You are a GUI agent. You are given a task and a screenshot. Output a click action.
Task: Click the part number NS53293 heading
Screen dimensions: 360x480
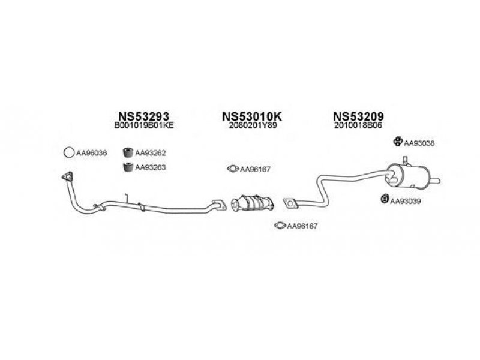pyautogui.click(x=143, y=115)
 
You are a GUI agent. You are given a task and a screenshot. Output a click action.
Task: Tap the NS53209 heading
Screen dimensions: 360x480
pyautogui.click(x=358, y=115)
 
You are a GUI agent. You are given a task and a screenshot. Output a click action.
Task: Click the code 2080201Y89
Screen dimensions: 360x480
pyautogui.click(x=252, y=126)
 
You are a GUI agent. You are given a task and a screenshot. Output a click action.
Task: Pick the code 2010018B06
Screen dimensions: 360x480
pyautogui.click(x=358, y=126)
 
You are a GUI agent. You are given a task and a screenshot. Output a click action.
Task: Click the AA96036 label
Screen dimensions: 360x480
pyautogui.click(x=91, y=154)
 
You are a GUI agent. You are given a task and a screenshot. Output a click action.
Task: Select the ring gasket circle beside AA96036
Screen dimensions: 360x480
pyautogui.click(x=69, y=153)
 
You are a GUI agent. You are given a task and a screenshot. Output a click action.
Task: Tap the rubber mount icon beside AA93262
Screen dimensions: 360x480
pyautogui.click(x=127, y=152)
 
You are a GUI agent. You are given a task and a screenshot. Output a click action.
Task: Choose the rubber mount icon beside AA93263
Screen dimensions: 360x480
pyautogui.click(x=127, y=167)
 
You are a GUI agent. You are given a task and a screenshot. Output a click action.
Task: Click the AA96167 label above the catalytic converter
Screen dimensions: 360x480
pyautogui.click(x=256, y=169)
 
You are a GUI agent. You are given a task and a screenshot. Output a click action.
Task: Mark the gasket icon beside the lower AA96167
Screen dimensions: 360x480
pyautogui.click(x=279, y=226)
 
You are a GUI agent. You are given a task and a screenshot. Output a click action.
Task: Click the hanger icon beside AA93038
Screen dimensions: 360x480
pyautogui.click(x=397, y=142)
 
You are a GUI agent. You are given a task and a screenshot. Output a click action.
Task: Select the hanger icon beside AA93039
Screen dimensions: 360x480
pyautogui.click(x=383, y=199)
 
